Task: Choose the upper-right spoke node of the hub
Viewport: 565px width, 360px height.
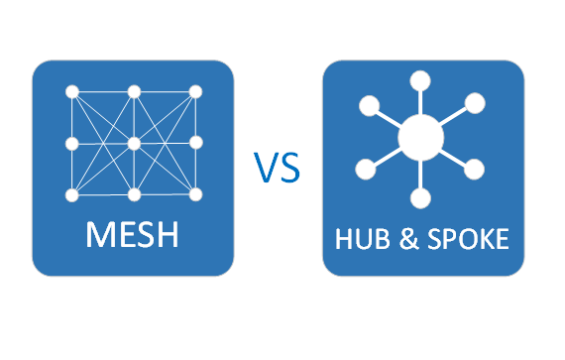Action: (475, 102)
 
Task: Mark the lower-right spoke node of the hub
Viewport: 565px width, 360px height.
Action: (473, 167)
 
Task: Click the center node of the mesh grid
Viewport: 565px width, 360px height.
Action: (134, 144)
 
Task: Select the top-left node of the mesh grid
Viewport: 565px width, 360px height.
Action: (72, 92)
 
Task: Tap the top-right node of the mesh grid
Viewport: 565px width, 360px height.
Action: (195, 92)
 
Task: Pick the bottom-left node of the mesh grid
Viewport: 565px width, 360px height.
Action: (72, 193)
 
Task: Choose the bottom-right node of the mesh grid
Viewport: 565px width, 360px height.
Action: (195, 193)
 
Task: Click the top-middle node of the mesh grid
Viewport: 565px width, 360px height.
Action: (134, 92)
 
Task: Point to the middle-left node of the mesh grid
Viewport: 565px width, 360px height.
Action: (72, 144)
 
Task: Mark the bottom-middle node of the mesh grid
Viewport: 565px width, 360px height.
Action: (134, 193)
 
